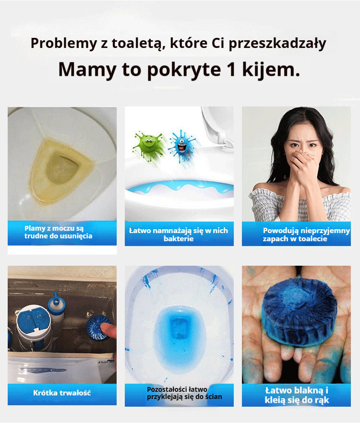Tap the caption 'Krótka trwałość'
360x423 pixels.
pyautogui.click(x=62, y=393)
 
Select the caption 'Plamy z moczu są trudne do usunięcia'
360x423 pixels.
pyautogui.click(x=58, y=232)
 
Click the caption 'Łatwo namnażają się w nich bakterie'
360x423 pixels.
pyautogui.click(x=179, y=234)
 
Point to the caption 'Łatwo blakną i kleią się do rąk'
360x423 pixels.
pyautogui.click(x=297, y=396)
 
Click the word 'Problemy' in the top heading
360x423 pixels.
pyautogui.click(x=58, y=44)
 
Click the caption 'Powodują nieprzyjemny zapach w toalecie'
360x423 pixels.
pyautogui.click(x=306, y=234)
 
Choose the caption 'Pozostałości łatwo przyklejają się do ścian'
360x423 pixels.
pyautogui.click(x=184, y=393)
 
